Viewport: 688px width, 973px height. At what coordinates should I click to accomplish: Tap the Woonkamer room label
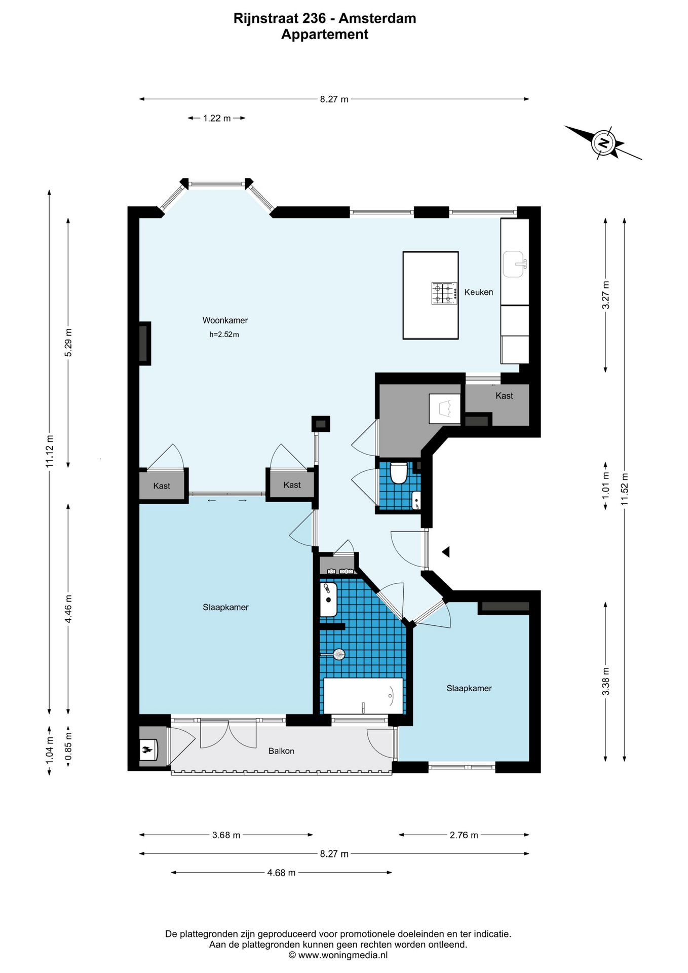pyautogui.click(x=225, y=320)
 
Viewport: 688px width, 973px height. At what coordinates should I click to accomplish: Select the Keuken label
pyautogui.click(x=479, y=292)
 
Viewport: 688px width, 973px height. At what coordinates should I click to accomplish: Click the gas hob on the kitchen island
pyautogui.click(x=444, y=293)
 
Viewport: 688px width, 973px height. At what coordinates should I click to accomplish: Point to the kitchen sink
pyautogui.click(x=515, y=264)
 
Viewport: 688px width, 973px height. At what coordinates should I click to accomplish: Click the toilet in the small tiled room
pyautogui.click(x=399, y=472)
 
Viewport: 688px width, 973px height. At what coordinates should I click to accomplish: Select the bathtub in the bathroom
pyautogui.click(x=363, y=695)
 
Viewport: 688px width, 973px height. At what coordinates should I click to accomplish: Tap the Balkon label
pyautogui.click(x=281, y=751)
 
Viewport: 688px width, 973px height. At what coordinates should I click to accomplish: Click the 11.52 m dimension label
pyautogui.click(x=624, y=489)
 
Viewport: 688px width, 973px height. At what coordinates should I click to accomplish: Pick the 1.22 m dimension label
pyautogui.click(x=217, y=118)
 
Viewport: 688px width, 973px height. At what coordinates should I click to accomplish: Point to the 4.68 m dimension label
pyautogui.click(x=281, y=873)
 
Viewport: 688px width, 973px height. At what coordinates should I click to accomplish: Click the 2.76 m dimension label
pyautogui.click(x=464, y=835)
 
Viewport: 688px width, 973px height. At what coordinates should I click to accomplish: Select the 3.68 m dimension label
pyautogui.click(x=226, y=835)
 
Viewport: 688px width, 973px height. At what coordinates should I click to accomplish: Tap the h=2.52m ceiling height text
pyautogui.click(x=224, y=334)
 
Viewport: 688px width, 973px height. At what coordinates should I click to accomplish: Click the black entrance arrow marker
pyautogui.click(x=446, y=551)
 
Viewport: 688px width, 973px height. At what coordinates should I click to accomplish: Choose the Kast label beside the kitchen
pyautogui.click(x=504, y=396)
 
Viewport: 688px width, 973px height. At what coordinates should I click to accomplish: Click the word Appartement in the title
pyautogui.click(x=325, y=34)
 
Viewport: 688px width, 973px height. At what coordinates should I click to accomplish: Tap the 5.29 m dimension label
pyautogui.click(x=68, y=343)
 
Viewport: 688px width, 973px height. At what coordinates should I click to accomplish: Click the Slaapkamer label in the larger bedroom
pyautogui.click(x=225, y=607)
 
